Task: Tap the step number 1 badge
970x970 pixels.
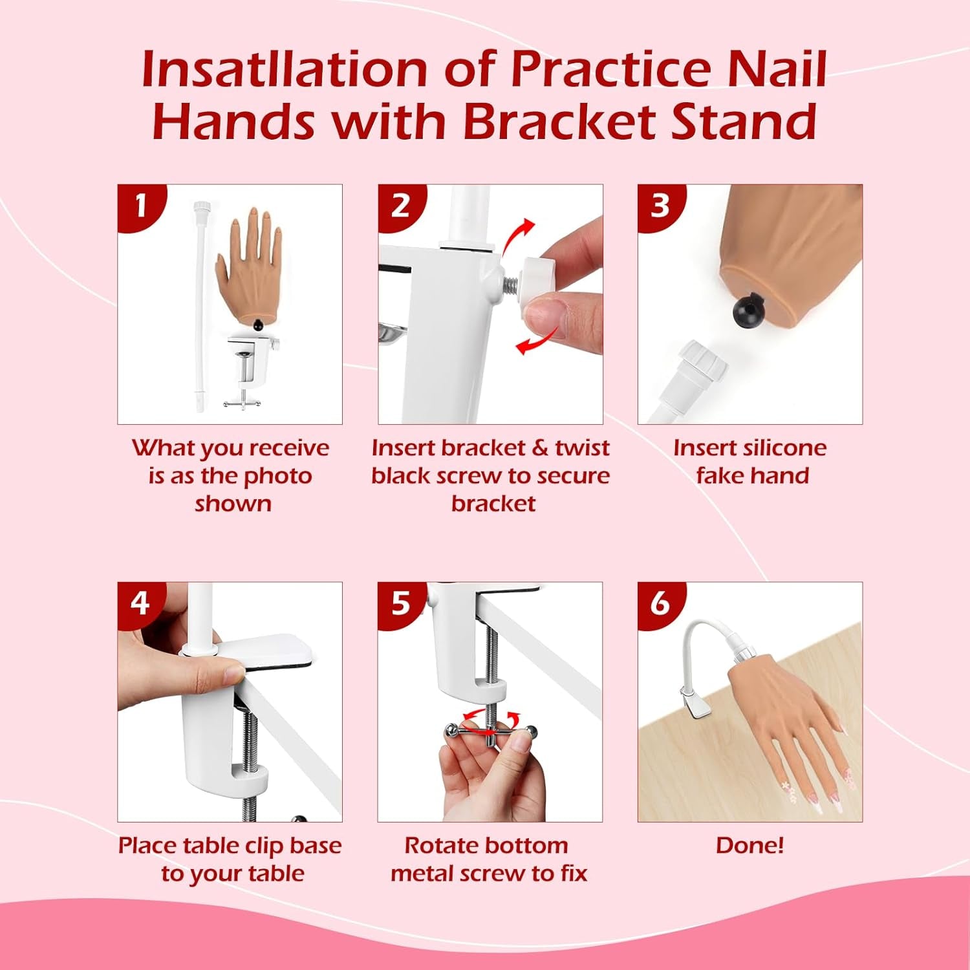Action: tap(140, 206)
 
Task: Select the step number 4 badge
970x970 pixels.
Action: tap(140, 603)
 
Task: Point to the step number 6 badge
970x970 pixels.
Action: tap(660, 603)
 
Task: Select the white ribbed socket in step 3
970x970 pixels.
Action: tap(702, 366)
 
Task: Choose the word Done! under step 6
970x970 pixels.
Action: tap(749, 845)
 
